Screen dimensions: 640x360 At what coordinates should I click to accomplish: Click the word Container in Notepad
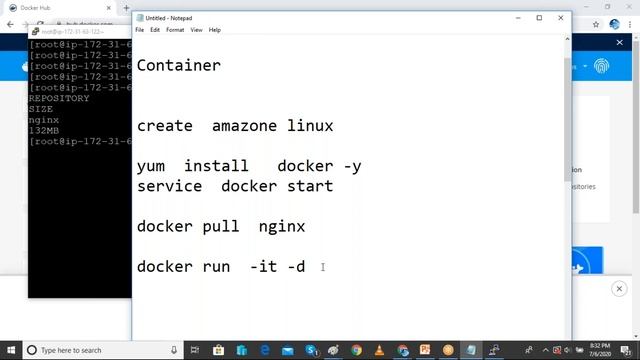(178, 66)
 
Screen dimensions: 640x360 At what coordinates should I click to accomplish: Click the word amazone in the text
(245, 126)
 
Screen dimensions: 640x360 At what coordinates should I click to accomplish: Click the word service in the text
(169, 186)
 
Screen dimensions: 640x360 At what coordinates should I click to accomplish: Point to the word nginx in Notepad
(281, 226)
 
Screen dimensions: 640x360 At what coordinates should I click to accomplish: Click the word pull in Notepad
(220, 226)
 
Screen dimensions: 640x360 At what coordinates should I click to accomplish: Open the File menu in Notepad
(140, 30)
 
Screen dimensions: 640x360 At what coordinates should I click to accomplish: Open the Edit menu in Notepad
(155, 30)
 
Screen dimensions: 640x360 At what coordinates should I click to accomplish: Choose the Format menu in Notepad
(175, 30)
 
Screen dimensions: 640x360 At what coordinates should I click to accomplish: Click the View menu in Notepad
(196, 30)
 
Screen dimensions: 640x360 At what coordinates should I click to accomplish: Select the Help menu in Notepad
(214, 30)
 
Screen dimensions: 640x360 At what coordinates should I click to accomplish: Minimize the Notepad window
(514, 17)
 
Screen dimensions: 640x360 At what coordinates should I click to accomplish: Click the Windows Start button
(10, 350)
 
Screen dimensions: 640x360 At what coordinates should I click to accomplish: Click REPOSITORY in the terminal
(59, 98)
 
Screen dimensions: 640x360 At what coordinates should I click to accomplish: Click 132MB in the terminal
(44, 130)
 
